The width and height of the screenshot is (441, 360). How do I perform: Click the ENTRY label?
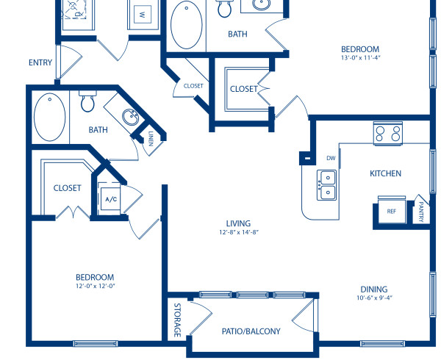(x=40, y=62)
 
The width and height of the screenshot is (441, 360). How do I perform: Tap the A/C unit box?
(x=112, y=199)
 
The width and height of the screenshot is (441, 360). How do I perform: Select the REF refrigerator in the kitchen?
(x=392, y=209)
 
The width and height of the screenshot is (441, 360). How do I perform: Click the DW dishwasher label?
(x=331, y=158)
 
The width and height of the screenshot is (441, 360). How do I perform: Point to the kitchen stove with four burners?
(x=388, y=134)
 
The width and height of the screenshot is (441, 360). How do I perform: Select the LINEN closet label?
(x=151, y=139)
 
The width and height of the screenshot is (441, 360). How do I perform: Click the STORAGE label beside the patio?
(x=177, y=320)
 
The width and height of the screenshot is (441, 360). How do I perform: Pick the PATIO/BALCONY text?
(x=251, y=331)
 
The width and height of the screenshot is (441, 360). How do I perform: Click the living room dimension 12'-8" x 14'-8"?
(x=238, y=232)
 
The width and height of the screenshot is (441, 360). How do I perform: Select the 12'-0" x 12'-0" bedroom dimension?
(x=96, y=286)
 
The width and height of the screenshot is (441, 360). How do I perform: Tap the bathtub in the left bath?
(x=49, y=117)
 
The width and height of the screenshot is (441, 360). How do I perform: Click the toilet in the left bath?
(x=87, y=102)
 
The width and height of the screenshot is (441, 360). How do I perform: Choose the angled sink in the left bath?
(x=130, y=118)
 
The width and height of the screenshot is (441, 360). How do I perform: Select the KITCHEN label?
(x=385, y=173)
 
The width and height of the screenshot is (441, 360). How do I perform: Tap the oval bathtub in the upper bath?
(x=187, y=24)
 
